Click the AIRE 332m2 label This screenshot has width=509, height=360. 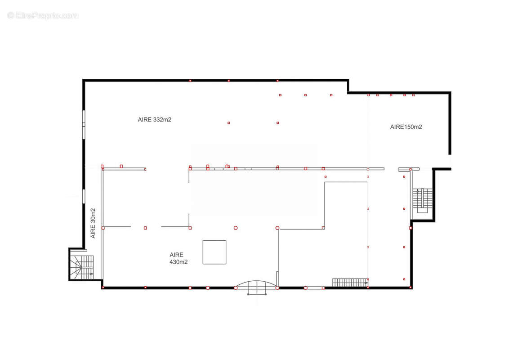pyautogui.click(x=155, y=120)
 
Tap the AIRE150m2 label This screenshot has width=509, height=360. pyautogui.click(x=406, y=127)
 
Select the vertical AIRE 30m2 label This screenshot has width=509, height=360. pyautogui.click(x=93, y=223)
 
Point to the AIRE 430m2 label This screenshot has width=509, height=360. pyautogui.click(x=179, y=258)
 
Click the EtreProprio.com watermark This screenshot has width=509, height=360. pyautogui.click(x=43, y=15)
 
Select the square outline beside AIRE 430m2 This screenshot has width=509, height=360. pyautogui.click(x=214, y=252)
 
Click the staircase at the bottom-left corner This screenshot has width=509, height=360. pyautogui.click(x=82, y=267)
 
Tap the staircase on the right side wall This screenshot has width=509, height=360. pyautogui.click(x=422, y=200)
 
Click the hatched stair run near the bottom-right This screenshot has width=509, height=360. pyautogui.click(x=350, y=282)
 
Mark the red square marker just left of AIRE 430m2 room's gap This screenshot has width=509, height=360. pyautogui.click(x=145, y=228)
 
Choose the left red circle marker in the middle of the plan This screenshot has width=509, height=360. pyautogui.click(x=236, y=228)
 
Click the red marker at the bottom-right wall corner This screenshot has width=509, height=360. pyautogui.click(x=411, y=288)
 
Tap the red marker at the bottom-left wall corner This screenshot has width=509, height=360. pyautogui.click(x=103, y=288)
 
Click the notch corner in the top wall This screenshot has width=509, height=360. pyautogui.click(x=348, y=93)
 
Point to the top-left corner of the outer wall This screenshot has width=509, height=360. pyautogui.click(x=84, y=80)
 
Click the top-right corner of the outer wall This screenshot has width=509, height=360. pyautogui.click(x=450, y=93)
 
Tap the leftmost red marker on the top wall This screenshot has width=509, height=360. pyautogui.click(x=190, y=81)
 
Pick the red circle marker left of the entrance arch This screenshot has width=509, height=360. pyautogui.click(x=208, y=288)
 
